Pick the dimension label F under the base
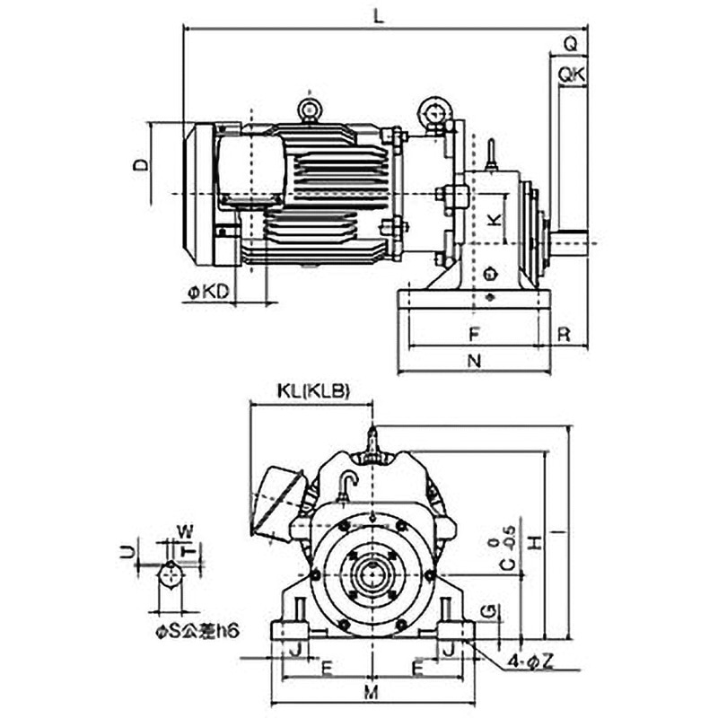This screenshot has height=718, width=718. [474, 333]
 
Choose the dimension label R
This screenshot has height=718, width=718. [564, 333]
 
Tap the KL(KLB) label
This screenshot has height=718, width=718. [312, 391]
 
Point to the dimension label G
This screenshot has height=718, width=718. [486, 611]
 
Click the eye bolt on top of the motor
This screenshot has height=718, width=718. [310, 110]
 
